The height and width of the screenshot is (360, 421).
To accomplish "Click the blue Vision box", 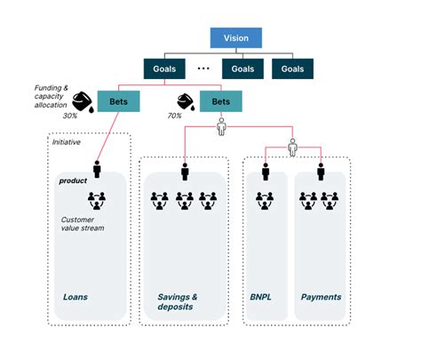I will tap(236, 37).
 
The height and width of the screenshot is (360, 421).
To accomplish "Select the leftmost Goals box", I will tap(167, 68).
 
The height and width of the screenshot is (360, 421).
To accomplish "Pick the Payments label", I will tap(321, 296).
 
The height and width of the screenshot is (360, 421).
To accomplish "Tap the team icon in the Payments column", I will tap(321, 200).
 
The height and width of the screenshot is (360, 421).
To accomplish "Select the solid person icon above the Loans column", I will tap(97, 168).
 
